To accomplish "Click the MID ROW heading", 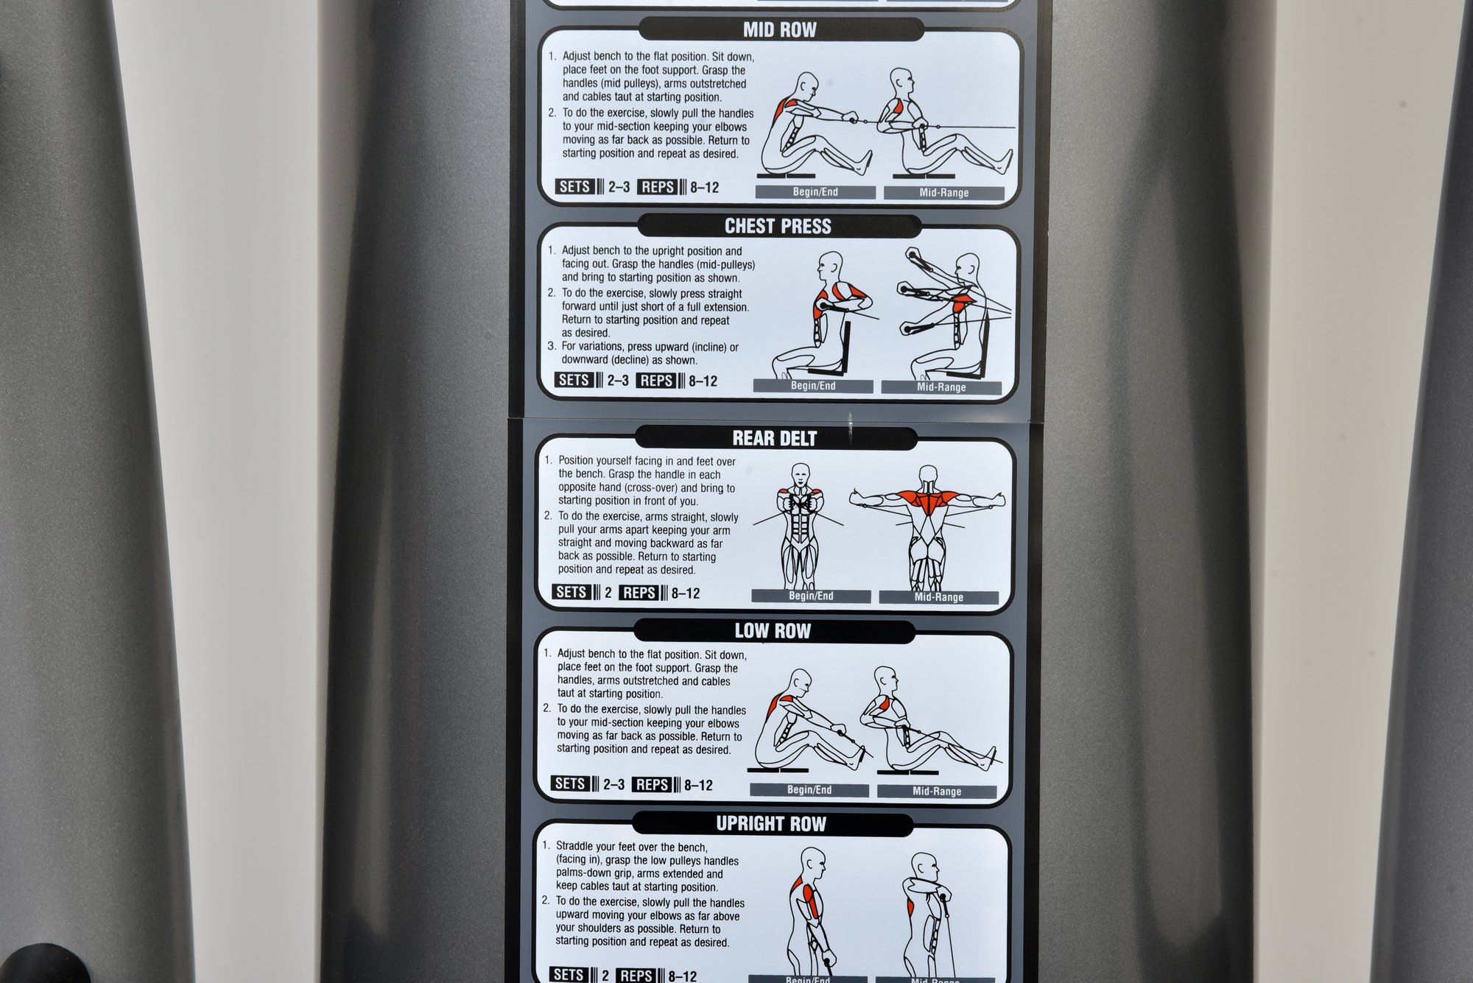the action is (779, 29).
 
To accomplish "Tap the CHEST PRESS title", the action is (778, 226).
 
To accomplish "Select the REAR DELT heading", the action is (775, 438).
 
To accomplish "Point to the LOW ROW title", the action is (773, 631).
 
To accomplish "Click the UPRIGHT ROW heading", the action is (771, 824).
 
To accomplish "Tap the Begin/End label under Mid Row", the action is (815, 192).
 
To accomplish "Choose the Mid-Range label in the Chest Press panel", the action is (941, 387).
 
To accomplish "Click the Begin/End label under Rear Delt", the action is (811, 596).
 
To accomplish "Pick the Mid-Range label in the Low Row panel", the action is (937, 792).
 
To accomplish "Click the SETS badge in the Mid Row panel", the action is (574, 186).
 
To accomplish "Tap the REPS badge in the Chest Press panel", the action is (656, 381).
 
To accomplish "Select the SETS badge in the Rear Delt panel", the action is (571, 592).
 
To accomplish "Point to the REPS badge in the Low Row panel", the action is (652, 785).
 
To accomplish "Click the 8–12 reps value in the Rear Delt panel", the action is (686, 593).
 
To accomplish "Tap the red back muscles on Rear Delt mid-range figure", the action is (928, 502).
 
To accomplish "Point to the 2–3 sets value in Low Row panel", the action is (614, 785).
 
